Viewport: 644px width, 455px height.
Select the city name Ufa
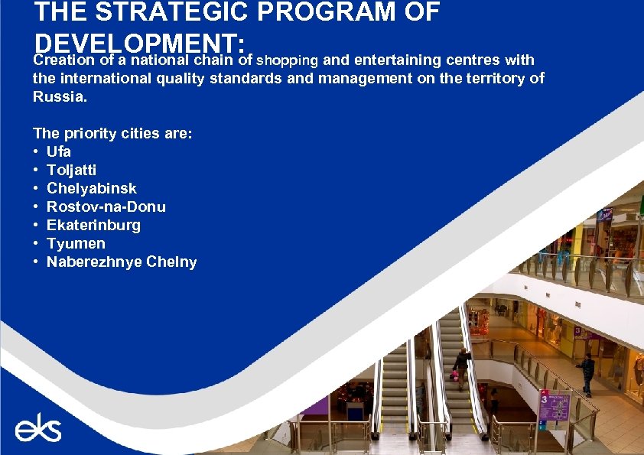pos(59,151)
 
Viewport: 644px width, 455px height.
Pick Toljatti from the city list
pos(71,170)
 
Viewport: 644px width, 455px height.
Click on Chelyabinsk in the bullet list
pos(92,188)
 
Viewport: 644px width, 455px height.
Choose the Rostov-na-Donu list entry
pos(106,206)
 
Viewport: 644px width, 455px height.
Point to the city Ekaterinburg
pos(93,225)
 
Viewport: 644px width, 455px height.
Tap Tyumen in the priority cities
pos(76,243)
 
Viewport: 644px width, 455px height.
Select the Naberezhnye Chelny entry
pos(122,262)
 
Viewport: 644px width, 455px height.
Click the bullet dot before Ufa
pos(36,151)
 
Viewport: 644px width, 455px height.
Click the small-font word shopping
pos(288,60)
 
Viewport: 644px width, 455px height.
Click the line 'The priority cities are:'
pos(113,133)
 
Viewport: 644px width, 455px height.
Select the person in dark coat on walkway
pos(587,372)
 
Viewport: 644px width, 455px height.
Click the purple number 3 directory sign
pos(554,406)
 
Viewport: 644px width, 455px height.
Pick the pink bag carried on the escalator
pos(454,375)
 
